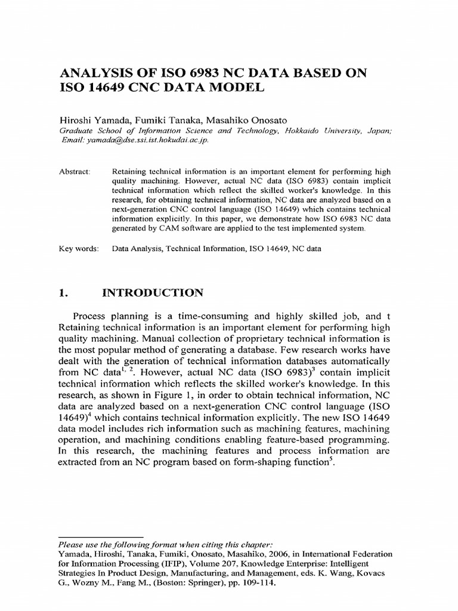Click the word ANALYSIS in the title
click(x=95, y=73)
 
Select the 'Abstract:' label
click(x=73, y=171)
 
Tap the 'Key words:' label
click(x=78, y=249)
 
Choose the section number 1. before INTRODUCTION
click(x=62, y=293)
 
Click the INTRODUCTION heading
click(x=153, y=293)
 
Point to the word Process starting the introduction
click(x=92, y=316)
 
